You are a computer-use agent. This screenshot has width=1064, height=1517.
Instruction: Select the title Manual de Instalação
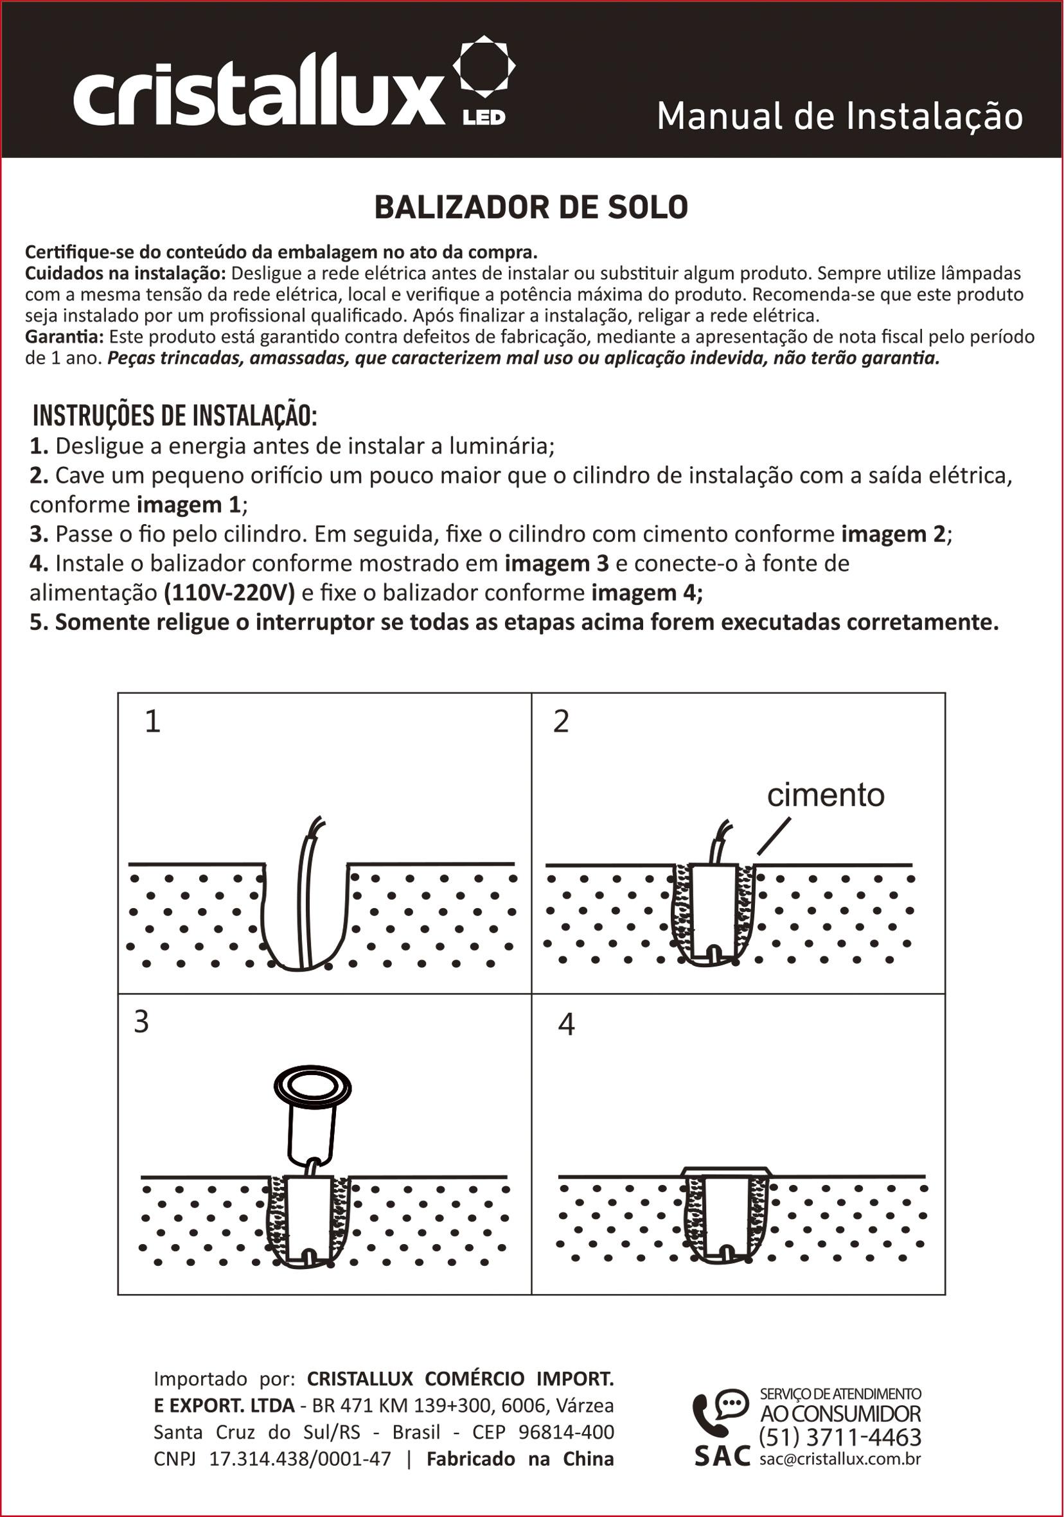tap(839, 117)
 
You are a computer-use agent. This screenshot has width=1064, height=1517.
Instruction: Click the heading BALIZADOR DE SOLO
tap(531, 207)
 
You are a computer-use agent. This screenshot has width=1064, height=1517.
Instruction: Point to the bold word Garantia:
tap(64, 337)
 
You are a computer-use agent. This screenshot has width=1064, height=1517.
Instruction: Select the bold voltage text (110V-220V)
tap(229, 593)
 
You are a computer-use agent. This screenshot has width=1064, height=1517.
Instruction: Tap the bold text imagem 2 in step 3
tap(894, 534)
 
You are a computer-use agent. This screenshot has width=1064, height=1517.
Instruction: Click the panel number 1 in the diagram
tap(153, 721)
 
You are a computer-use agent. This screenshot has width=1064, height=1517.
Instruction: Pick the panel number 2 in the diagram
tap(560, 721)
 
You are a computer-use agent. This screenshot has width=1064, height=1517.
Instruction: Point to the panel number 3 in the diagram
tap(141, 1022)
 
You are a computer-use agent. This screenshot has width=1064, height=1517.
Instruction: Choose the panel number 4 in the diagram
tap(566, 1024)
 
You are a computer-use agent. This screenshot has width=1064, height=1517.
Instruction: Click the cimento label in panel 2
tap(826, 796)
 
